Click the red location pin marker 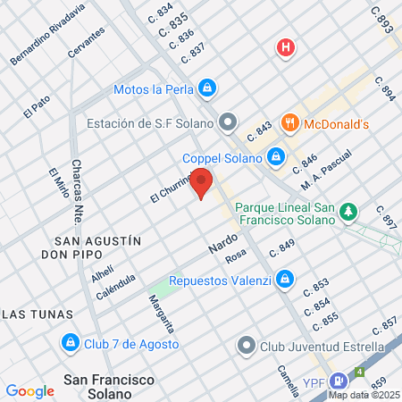click(203, 182)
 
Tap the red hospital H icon click(286, 47)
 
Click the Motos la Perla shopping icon click(207, 88)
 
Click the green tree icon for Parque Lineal click(348, 212)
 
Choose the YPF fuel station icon click(338, 381)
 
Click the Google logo click(29, 390)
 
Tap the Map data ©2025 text click(364, 394)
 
